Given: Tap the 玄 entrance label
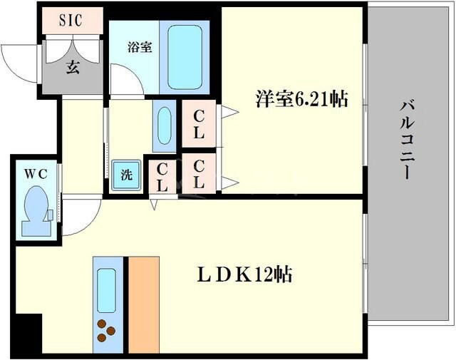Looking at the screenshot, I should (x=73, y=68).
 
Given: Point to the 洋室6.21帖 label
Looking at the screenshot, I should (x=301, y=99).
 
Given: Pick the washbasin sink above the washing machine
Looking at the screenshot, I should (x=164, y=127).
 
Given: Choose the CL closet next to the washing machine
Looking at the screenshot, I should (x=162, y=176).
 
